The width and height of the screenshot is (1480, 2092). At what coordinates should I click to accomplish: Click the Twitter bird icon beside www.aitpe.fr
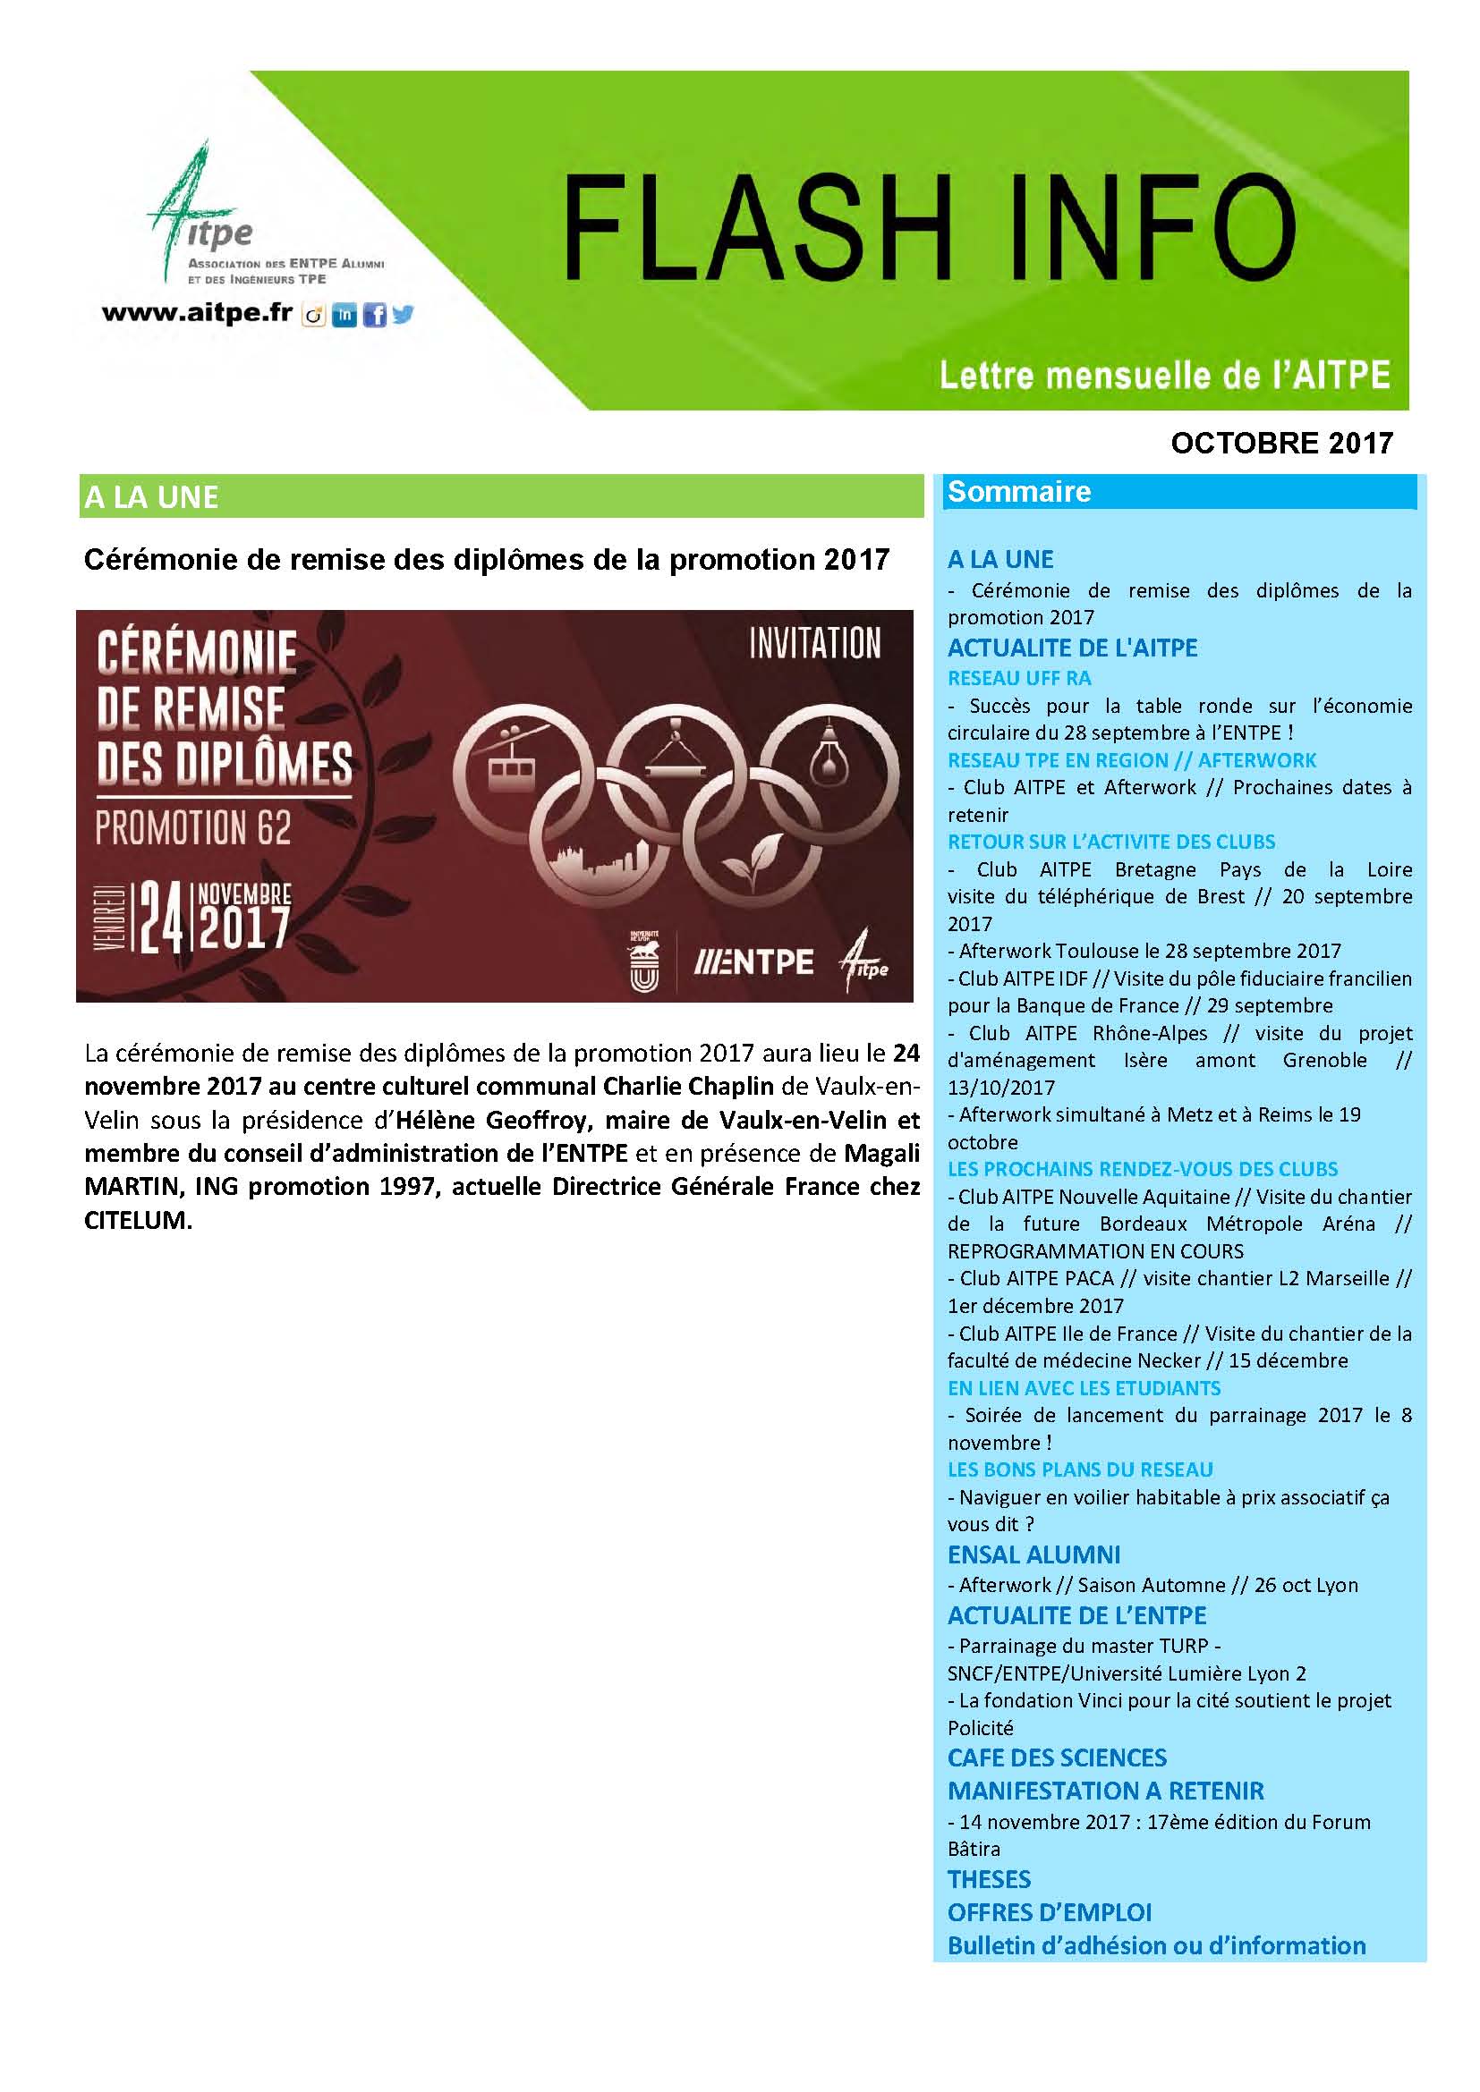click(402, 314)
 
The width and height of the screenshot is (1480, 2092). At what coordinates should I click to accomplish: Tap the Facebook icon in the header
click(374, 316)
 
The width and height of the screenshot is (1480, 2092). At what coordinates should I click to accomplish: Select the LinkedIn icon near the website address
click(344, 316)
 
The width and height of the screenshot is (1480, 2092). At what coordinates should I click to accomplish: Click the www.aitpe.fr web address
click(197, 313)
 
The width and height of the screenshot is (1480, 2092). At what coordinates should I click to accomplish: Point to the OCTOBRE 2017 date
click(1281, 443)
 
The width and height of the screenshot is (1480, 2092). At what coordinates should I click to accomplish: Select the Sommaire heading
click(1019, 492)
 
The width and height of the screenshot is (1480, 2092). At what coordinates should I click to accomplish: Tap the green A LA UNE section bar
click(501, 496)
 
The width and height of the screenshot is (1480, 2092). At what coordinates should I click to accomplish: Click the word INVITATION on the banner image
click(815, 643)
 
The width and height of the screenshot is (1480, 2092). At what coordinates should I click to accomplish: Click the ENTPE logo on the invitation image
click(754, 962)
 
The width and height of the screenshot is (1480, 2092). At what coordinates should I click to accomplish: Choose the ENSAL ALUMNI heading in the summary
click(1033, 1554)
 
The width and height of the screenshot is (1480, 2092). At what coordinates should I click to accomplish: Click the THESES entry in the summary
click(989, 1879)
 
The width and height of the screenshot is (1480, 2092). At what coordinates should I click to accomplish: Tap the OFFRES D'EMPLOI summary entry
click(1049, 1911)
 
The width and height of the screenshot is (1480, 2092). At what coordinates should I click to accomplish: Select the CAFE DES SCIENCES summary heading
click(1056, 1757)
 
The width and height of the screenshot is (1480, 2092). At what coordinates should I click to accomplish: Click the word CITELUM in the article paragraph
click(138, 1220)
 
